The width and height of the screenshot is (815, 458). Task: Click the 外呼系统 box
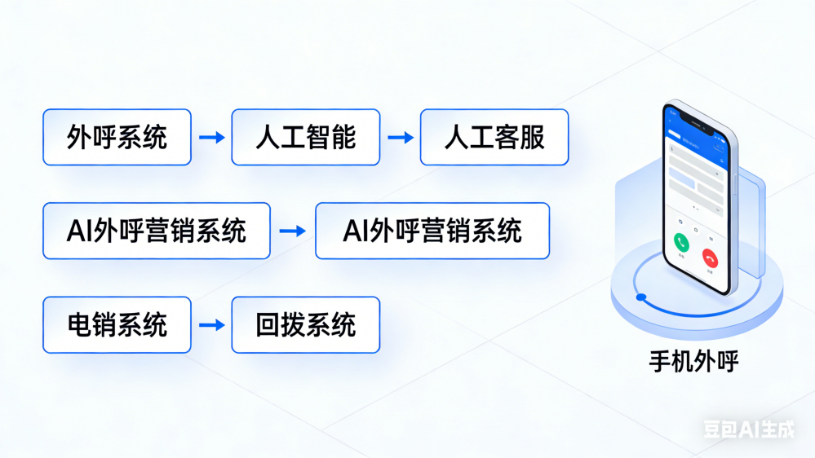point(117,137)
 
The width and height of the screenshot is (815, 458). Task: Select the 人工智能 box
point(305,137)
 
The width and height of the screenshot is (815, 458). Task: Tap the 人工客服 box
point(494,137)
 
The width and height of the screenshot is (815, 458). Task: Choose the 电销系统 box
point(117,324)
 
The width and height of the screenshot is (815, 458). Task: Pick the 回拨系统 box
point(305,324)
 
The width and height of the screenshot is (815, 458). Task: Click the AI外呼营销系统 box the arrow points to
point(432,231)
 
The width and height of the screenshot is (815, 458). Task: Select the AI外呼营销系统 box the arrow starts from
point(156,231)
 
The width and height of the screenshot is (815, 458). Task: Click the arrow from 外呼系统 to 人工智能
point(211,138)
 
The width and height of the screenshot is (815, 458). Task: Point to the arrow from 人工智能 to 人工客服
point(400,138)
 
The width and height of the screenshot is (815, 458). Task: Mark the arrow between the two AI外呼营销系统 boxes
point(292,231)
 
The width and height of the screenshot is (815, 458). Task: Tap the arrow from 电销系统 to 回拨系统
point(211,325)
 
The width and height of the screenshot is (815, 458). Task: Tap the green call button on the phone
point(681,242)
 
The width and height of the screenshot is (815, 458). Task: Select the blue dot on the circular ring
point(641,297)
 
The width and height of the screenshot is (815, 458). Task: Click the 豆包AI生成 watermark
point(749,429)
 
